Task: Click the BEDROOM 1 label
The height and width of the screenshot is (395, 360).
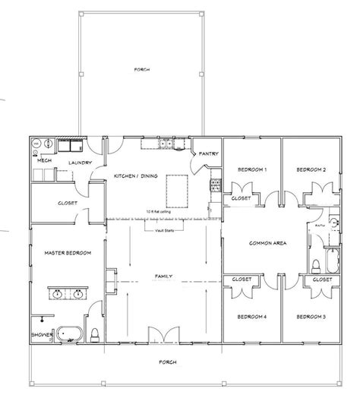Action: pos(251,169)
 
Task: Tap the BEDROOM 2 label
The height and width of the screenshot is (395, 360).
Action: pos(311,169)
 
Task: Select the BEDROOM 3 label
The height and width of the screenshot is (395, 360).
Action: pos(311,315)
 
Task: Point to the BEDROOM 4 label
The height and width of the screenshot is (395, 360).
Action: pos(251,315)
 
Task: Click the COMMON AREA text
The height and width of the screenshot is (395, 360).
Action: pos(267,243)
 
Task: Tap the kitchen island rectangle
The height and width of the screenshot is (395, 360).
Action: pos(175,185)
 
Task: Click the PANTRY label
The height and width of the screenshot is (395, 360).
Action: pos(209,153)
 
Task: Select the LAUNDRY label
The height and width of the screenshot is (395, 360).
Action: pos(80,163)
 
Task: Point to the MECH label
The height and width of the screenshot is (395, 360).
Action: pos(45,161)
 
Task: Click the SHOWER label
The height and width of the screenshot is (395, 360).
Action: pos(42,333)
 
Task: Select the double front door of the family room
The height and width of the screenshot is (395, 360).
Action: pos(163,334)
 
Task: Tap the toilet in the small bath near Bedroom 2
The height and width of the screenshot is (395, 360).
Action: pos(316,265)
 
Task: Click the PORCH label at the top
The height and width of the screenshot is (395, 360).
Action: pos(142,69)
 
